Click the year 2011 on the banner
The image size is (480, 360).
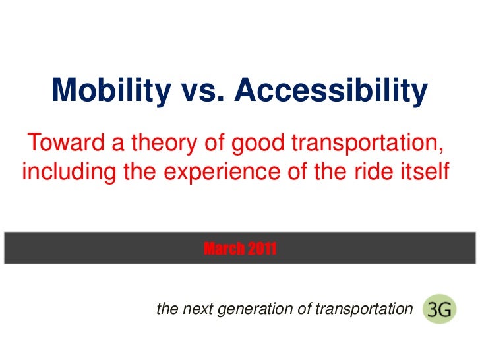(x=262, y=249)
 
